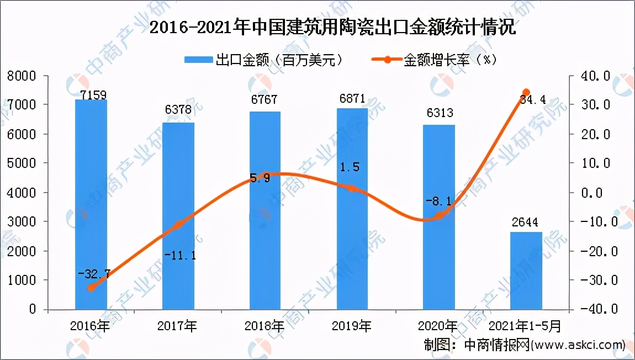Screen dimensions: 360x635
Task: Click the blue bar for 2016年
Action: coord(91,204)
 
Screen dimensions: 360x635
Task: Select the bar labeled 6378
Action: coord(178,215)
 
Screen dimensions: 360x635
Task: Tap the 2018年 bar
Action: coord(265,210)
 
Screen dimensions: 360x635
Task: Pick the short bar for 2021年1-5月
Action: coord(526,271)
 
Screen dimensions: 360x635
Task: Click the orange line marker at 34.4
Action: coord(526,92)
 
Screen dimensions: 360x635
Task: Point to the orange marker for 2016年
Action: coord(91,287)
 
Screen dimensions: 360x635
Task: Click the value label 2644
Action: coord(526,223)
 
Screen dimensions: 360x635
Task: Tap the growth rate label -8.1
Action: coord(439,202)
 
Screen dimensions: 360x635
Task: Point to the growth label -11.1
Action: coord(178,256)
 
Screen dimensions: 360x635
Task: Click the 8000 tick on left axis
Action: coord(22,76)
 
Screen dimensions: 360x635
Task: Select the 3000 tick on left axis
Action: coord(22,222)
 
